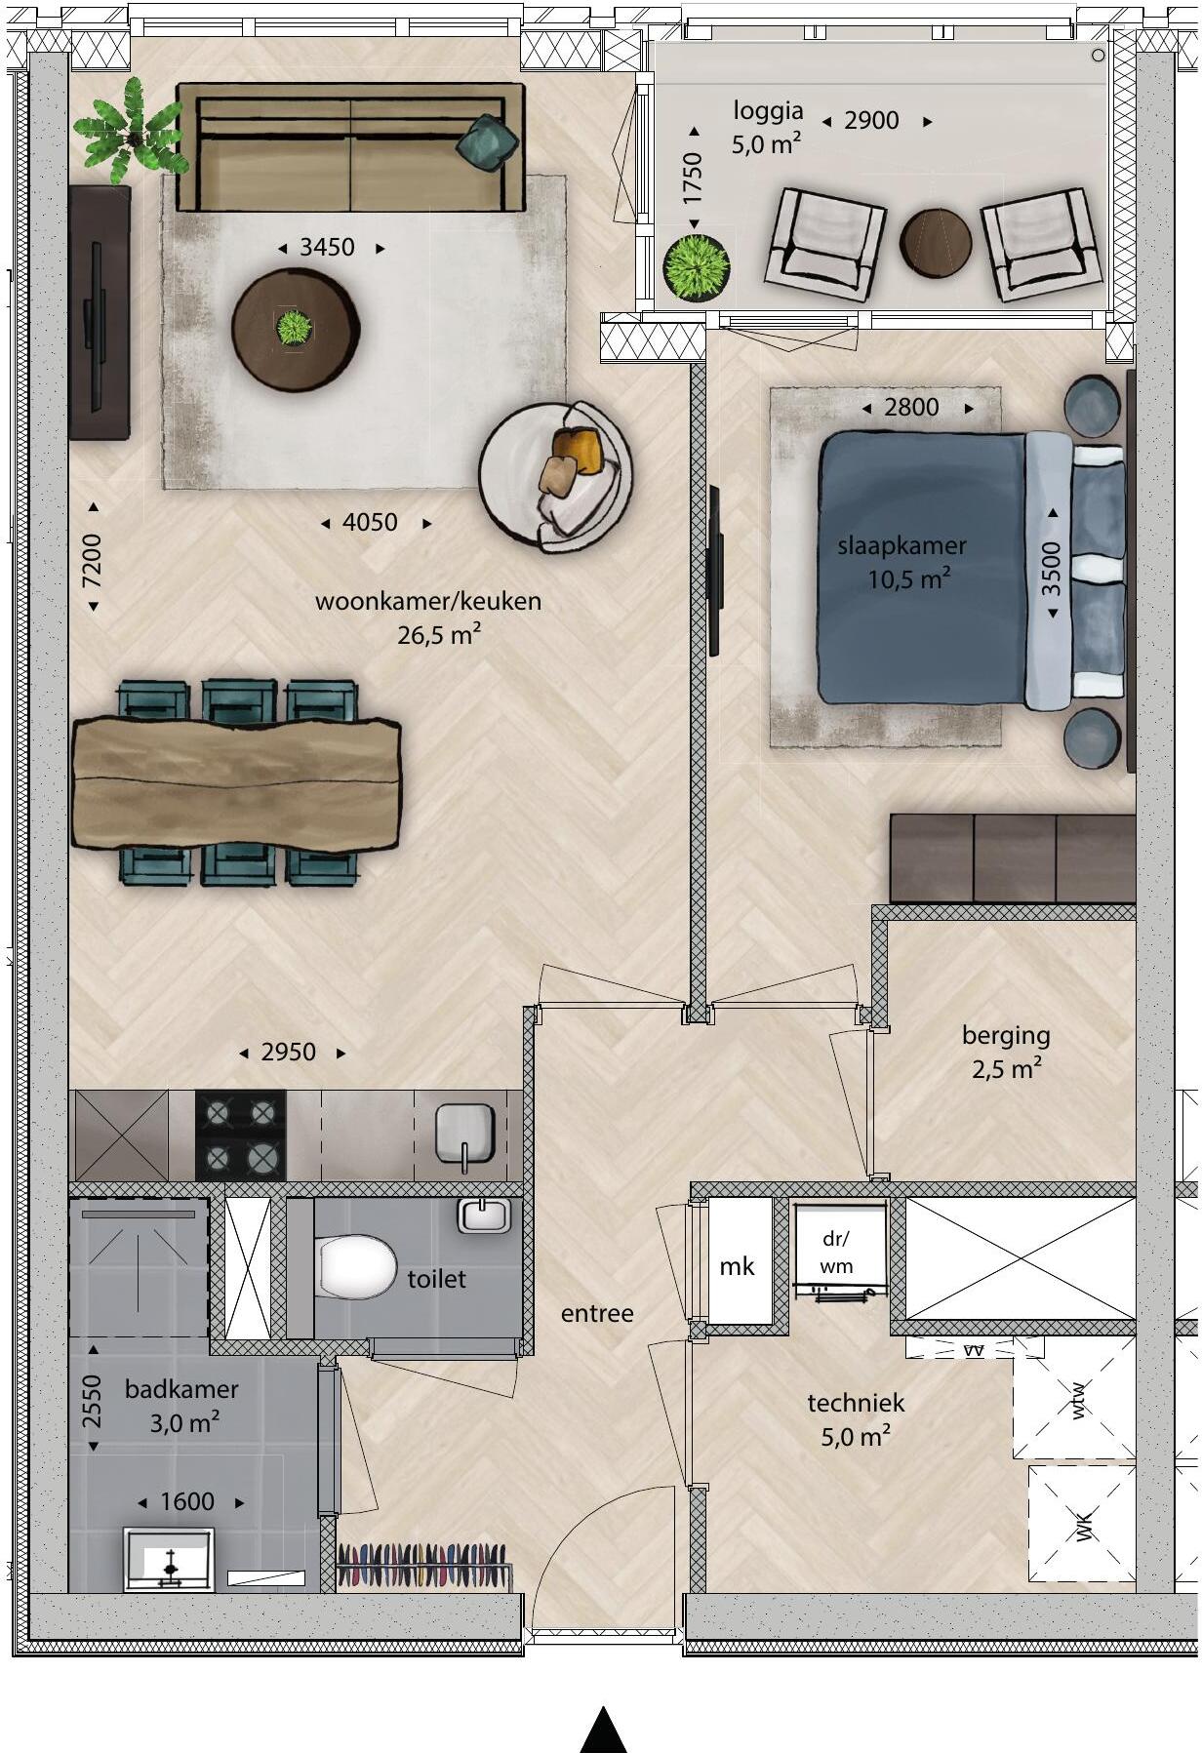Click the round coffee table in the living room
point(295,330)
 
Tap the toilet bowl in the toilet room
point(354,1267)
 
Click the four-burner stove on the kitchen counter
point(240,1135)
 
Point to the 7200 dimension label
point(92,560)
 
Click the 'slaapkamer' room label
point(901,546)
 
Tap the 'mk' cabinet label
point(737,1266)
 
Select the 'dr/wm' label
point(836,1253)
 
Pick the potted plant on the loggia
point(696,267)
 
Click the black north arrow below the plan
point(603,1730)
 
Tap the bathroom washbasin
point(169,1560)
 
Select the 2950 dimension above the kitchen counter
point(289,1053)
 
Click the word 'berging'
point(1006,1036)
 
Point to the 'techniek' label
point(856,1403)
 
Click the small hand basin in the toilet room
point(485,1215)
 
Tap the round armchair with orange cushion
point(556,477)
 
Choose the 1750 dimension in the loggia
point(693,178)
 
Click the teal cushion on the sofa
point(487,143)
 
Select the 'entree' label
point(597,1313)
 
